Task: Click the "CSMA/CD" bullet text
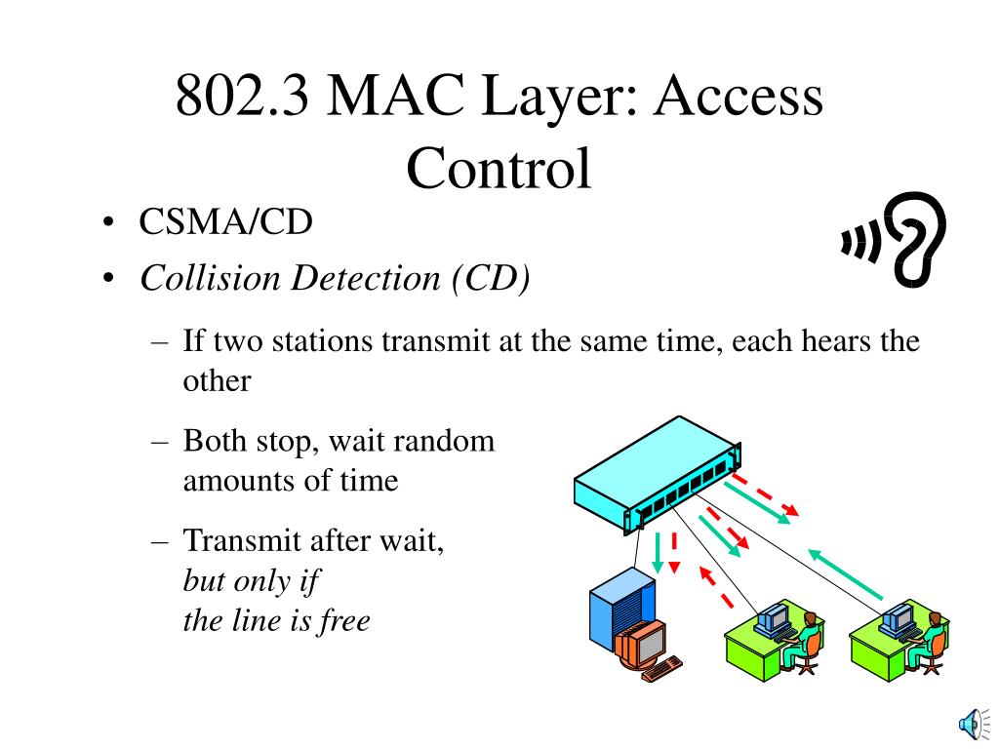[x=225, y=222]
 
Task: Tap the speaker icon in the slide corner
[x=971, y=723]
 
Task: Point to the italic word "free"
[x=343, y=620]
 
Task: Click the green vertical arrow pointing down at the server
[x=658, y=552]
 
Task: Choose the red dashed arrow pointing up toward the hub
[x=715, y=585]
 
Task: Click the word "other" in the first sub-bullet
[x=217, y=380]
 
